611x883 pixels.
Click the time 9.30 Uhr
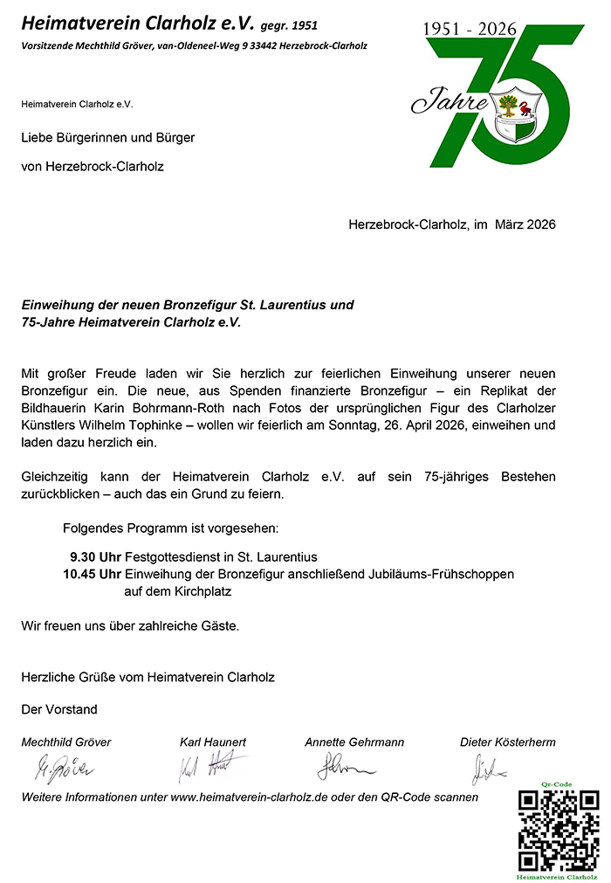point(95,556)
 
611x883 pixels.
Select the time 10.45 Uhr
point(92,574)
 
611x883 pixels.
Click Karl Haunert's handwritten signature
point(209,767)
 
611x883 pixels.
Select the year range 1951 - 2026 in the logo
point(470,29)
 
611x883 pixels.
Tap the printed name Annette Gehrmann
point(354,742)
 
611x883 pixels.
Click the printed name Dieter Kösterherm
point(507,742)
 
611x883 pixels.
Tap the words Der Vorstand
point(59,709)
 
